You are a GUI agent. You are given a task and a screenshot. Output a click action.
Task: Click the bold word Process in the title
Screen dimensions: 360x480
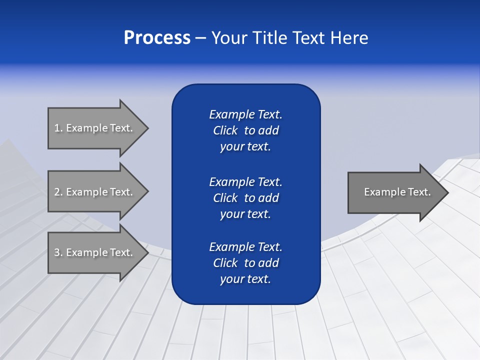(157, 38)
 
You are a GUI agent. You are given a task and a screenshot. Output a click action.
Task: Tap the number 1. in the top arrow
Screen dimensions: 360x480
(58, 128)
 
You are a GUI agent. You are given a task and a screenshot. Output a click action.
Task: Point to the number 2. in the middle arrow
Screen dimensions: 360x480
(58, 192)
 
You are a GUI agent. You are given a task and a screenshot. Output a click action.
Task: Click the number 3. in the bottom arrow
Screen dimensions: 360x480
(58, 252)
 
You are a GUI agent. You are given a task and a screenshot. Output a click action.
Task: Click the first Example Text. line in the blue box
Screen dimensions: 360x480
(245, 114)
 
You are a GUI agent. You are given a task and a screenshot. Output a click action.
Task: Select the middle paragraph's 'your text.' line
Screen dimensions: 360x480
(245, 214)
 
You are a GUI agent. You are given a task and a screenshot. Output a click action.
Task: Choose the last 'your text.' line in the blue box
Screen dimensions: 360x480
(245, 279)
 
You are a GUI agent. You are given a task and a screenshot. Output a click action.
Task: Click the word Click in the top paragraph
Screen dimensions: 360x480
(225, 130)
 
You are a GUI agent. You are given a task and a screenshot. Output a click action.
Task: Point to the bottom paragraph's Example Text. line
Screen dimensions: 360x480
(245, 247)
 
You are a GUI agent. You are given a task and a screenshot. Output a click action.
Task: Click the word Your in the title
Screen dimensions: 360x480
(228, 38)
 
